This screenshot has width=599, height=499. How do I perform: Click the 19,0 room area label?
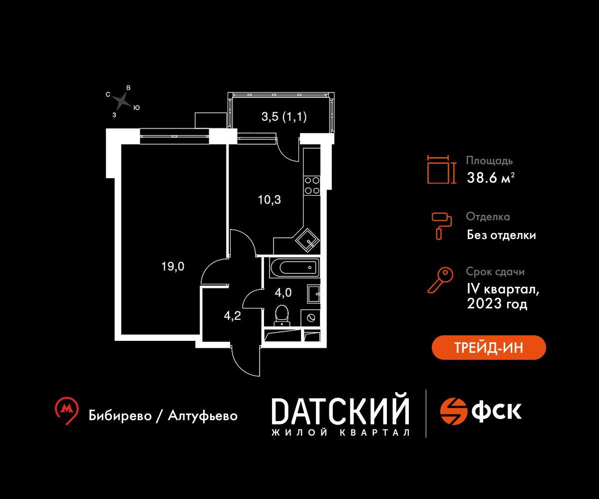173,266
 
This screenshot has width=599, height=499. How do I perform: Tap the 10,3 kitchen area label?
270,200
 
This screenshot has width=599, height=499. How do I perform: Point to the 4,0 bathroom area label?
283,293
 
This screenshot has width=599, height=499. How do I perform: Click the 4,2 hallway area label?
233,316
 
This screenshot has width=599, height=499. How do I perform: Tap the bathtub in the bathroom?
295,267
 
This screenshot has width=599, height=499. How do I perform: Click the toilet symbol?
282,315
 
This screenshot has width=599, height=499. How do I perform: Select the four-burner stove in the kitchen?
312,186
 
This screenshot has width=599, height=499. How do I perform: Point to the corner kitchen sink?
307,240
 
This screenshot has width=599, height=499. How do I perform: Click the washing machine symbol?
310,318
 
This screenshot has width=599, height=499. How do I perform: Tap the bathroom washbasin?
314,294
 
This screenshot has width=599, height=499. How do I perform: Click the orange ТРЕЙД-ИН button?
489,347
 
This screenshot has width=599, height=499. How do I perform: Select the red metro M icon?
66,410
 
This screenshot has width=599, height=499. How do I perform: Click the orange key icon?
440,280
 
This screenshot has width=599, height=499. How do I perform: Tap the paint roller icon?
442,226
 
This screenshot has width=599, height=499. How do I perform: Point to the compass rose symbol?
122,101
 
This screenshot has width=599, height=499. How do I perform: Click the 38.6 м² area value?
491,178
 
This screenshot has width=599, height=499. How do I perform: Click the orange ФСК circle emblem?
454,411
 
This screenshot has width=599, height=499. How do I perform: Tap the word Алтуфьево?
203,416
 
